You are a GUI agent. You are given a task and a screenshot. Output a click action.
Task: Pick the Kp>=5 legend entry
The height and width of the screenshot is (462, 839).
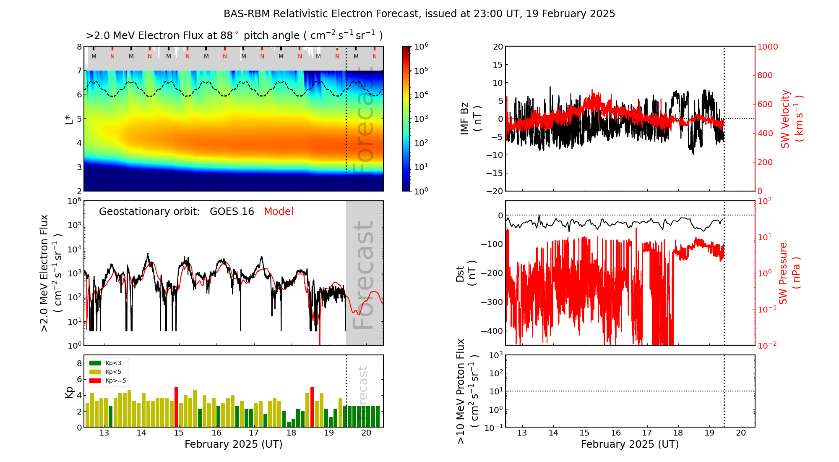107,381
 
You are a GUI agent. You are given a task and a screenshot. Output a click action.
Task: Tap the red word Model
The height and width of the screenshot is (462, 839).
279,212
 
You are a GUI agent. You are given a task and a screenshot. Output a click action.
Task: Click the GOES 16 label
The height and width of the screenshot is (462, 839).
232,212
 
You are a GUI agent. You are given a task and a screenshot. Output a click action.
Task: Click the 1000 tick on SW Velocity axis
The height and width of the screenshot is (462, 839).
767,47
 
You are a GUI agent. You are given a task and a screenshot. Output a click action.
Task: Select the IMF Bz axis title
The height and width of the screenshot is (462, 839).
471,118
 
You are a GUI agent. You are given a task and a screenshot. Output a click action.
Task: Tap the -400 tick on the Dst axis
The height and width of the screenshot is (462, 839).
492,331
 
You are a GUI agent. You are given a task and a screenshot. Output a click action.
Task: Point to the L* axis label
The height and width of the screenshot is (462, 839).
69,118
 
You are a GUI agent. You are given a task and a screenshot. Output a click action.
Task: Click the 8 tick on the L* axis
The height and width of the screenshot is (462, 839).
79,47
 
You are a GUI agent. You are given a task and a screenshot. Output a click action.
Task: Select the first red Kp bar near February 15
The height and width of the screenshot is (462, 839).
176,407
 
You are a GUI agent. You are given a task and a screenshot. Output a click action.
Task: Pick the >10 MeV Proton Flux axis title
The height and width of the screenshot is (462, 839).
467,391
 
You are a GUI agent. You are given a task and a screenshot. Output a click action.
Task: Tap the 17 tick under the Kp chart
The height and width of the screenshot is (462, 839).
254,433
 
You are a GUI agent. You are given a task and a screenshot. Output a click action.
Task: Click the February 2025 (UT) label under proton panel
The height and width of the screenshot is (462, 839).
630,444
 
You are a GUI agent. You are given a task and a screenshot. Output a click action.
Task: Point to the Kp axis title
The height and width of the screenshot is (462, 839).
69,392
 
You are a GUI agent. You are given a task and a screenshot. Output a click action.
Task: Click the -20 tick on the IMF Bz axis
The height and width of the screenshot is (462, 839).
494,191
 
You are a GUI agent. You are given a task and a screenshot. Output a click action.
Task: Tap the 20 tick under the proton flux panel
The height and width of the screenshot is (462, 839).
741,433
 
